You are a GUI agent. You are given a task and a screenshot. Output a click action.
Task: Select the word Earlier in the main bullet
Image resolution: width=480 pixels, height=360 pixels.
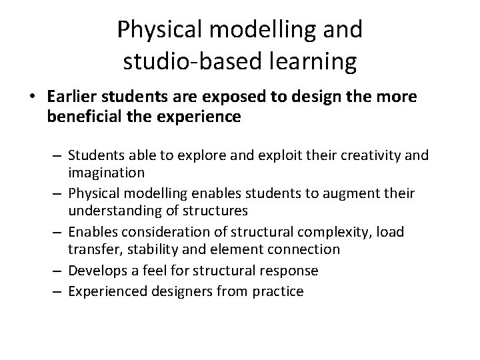coord(69,97)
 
